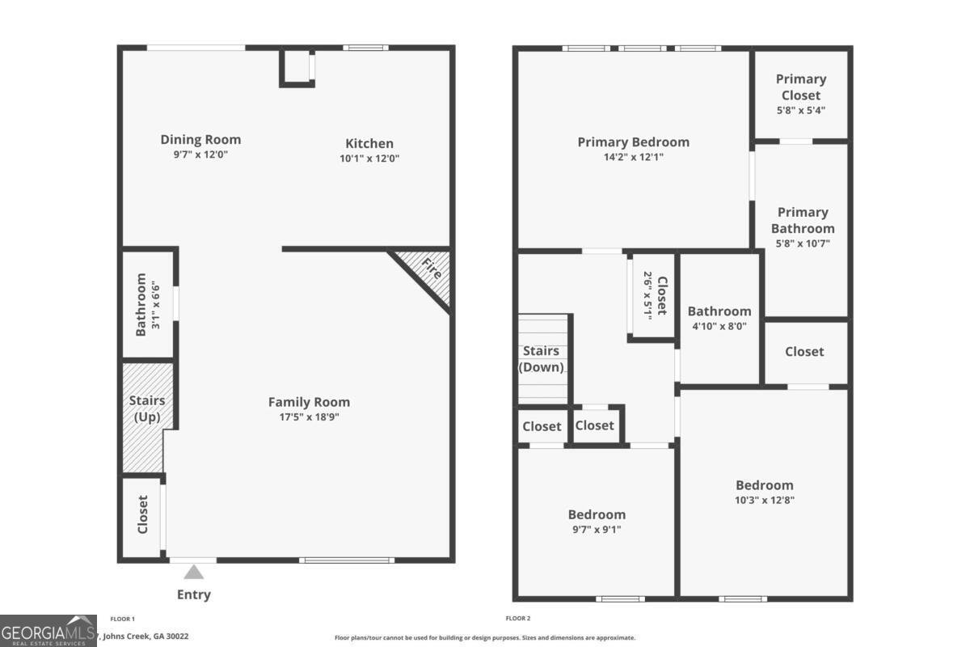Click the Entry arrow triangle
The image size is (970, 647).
193,573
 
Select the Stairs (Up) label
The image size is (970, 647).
147,408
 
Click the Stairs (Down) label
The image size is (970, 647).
542,359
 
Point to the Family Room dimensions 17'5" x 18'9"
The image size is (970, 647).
309,417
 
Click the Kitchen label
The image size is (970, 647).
369,143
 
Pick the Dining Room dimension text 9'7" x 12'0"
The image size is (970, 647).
200,154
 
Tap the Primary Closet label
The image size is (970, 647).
801,87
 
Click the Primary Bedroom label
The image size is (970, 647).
633,142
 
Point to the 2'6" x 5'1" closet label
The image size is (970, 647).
653,295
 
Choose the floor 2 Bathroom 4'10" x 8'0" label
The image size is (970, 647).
719,318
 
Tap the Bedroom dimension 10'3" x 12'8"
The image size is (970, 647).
764,500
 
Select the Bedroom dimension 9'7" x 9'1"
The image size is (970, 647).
597,530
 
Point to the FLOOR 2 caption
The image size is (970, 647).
518,619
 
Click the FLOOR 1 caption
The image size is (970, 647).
122,619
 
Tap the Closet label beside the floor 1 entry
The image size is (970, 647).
143,515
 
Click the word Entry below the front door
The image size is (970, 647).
194,594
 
